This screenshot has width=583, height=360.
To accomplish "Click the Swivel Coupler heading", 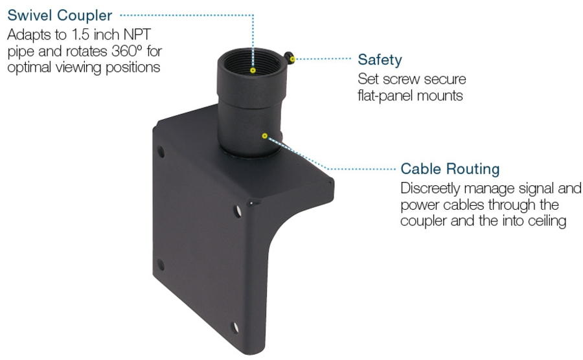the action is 60,16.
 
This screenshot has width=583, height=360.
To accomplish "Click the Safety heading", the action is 380,60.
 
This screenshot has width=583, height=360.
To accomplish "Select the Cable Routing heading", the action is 450,169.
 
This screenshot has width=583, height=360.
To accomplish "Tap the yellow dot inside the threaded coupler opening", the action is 253,70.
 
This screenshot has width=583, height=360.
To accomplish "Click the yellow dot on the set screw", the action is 292,59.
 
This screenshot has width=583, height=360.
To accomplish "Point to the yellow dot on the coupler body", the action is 264,136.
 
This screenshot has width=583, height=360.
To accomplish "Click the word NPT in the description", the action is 137,34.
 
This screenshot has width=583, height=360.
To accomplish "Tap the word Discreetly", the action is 430,188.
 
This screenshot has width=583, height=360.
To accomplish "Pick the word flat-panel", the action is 385,96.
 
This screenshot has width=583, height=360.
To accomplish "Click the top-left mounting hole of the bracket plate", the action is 161,152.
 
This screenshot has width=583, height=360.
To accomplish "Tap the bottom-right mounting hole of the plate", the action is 235,328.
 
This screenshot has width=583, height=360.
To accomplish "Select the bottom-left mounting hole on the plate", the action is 161,265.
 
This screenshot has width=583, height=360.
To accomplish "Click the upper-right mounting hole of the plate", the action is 238,211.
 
